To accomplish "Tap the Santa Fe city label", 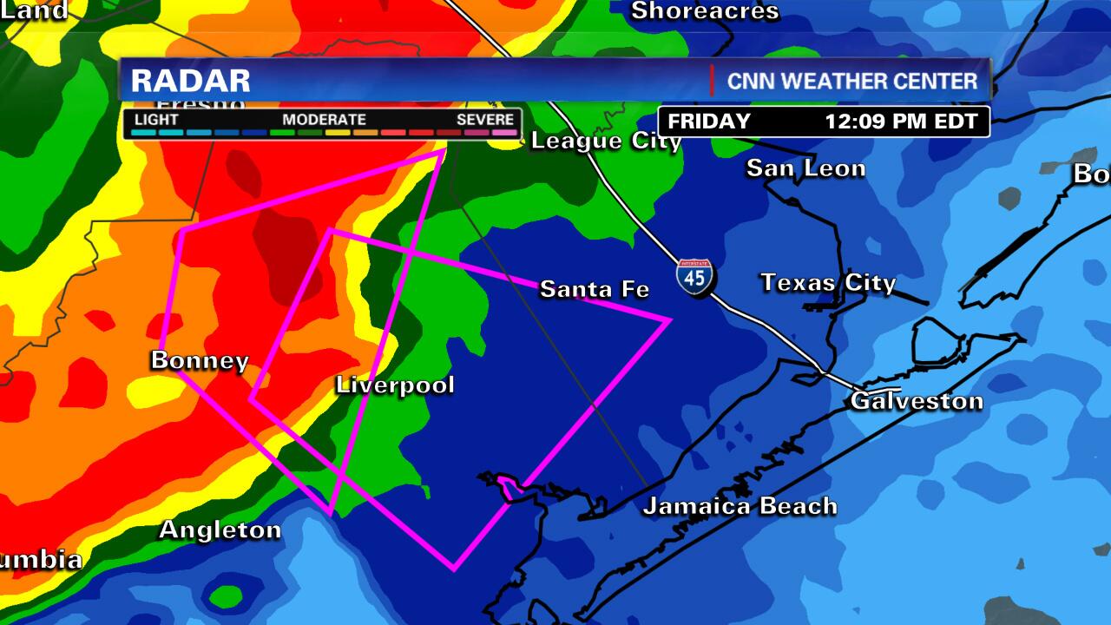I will (x=595, y=288).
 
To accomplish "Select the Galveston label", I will (x=917, y=400).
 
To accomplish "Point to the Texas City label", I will (x=828, y=282).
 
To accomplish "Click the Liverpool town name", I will (x=395, y=385).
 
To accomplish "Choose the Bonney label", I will (x=200, y=360).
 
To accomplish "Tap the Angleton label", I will (x=220, y=530).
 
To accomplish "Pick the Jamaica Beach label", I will (x=740, y=505).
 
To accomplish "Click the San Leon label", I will (x=805, y=168).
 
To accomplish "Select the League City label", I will (x=606, y=141).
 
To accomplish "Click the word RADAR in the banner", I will (x=191, y=81).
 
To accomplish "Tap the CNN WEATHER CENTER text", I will (x=852, y=81).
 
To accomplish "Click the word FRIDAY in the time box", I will (x=709, y=122).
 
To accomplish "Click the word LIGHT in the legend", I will (x=157, y=119).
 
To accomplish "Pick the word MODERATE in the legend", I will (x=324, y=119).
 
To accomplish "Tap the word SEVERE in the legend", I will (x=486, y=119).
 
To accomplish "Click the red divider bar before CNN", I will (x=713, y=80).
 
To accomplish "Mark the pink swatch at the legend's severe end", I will (x=504, y=133).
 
